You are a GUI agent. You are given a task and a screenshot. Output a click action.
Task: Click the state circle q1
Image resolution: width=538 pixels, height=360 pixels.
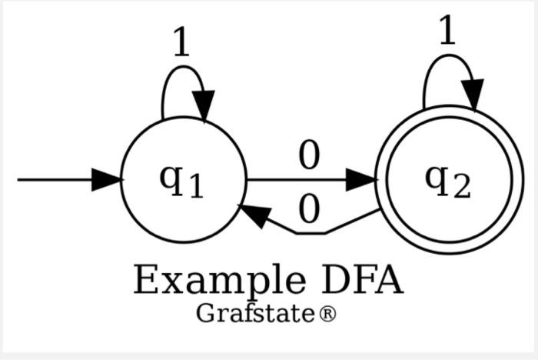183,182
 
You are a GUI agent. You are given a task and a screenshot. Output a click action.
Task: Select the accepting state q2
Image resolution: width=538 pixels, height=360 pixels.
448,180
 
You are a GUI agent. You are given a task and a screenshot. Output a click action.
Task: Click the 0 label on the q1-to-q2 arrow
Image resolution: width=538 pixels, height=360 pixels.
308,158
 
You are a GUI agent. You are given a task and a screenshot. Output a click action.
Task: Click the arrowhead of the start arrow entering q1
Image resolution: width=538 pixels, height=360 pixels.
107,181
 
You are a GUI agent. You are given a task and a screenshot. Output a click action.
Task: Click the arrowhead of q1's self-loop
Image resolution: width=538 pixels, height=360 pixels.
204,104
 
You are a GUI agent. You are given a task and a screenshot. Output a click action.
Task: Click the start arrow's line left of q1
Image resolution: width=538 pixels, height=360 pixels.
54,181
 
